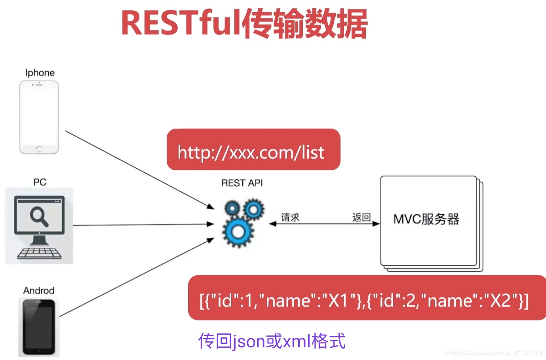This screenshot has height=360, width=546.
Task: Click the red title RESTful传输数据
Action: pyautogui.click(x=244, y=24)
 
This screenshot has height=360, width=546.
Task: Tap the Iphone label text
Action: pyautogui.click(x=40, y=73)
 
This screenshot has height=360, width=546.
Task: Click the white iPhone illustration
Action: pyautogui.click(x=39, y=117)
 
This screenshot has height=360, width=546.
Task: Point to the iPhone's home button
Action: pyautogui.click(x=39, y=149)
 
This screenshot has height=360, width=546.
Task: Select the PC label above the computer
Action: pyautogui.click(x=40, y=182)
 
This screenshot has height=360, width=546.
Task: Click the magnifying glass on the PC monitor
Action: pyautogui.click(x=39, y=217)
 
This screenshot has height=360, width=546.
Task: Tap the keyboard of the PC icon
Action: pyautogui.click(x=39, y=253)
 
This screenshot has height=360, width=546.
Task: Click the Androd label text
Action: pyautogui.click(x=39, y=291)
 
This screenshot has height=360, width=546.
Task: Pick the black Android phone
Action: pyautogui.click(x=39, y=327)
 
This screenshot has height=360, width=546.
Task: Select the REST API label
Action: pyautogui.click(x=242, y=183)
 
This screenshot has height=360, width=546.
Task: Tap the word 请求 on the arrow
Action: pyautogui.click(x=290, y=217)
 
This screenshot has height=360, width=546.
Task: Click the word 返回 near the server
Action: pyautogui.click(x=361, y=217)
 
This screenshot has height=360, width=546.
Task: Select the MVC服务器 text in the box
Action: pyautogui.click(x=426, y=219)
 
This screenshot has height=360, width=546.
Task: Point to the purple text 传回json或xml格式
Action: pyautogui.click(x=272, y=341)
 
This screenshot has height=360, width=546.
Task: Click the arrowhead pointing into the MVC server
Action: pyautogui.click(x=376, y=224)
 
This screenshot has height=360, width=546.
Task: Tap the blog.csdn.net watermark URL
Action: pyautogui.click(x=494, y=353)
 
